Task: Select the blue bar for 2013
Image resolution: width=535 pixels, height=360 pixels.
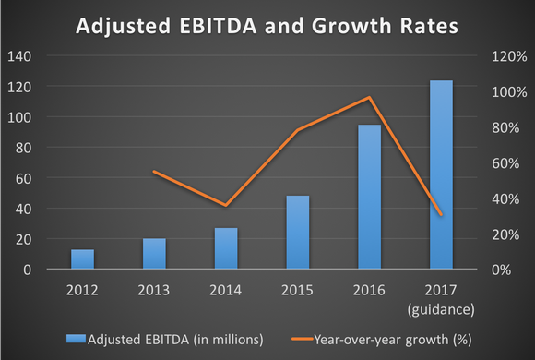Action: [154, 254]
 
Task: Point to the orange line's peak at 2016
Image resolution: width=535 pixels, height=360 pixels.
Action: [370, 97]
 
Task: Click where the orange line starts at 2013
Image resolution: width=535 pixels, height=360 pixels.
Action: [154, 172]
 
